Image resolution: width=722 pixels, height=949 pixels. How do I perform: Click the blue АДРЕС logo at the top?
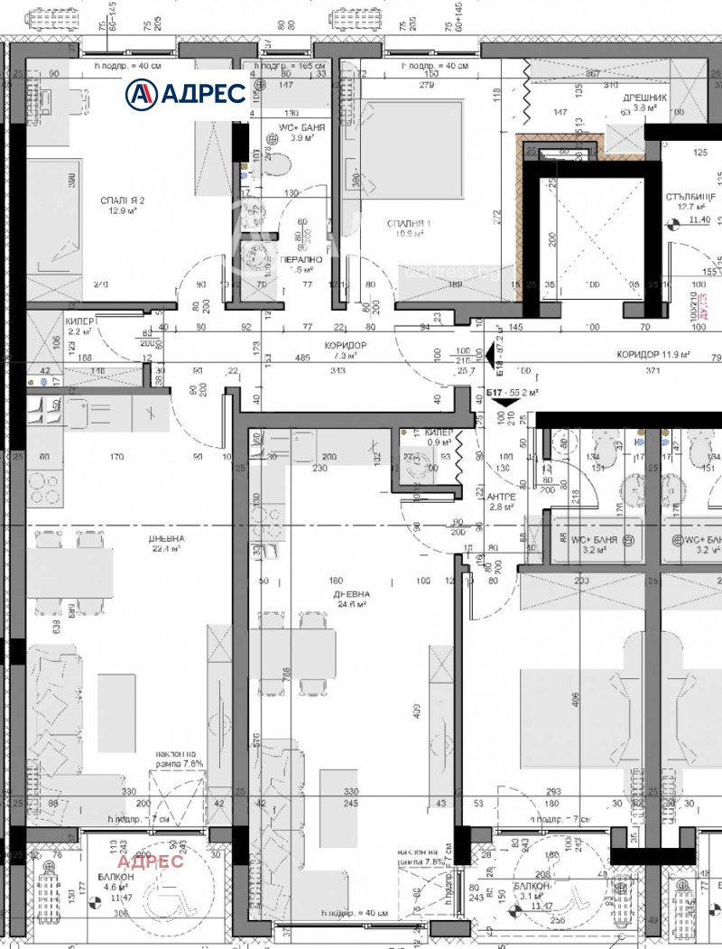pos(185,92)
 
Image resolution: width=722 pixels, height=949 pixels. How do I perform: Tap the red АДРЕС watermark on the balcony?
pos(150,861)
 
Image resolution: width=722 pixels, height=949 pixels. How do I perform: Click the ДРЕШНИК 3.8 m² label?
pos(644,103)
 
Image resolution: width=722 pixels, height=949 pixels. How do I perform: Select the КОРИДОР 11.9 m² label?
pos(653,355)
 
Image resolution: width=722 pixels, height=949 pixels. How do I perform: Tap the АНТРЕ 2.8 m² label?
pos(501,501)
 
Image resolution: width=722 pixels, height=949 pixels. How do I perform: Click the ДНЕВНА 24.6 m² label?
pos(351,599)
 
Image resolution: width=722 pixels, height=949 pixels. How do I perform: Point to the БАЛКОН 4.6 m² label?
pos(116,882)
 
